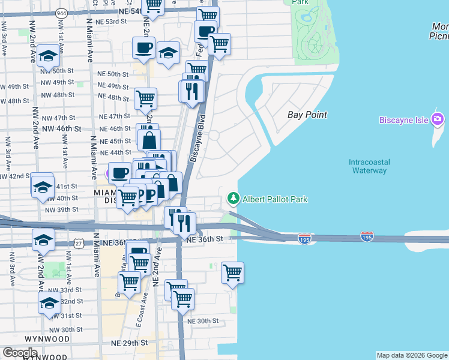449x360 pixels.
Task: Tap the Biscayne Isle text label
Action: [x=403, y=120]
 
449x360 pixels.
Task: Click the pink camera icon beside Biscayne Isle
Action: [x=438, y=119]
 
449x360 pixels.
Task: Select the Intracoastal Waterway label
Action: [x=369, y=166]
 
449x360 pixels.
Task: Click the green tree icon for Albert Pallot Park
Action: [x=232, y=198]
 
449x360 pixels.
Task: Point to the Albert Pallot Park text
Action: [x=275, y=199]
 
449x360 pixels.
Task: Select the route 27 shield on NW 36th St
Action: [x=79, y=242]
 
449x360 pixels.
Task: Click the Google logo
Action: [x=20, y=353]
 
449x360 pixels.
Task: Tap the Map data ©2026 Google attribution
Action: [x=412, y=355]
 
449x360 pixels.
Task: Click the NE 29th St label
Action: [x=129, y=343]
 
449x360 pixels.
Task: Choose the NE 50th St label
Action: [x=113, y=74]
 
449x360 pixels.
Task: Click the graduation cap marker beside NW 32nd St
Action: [x=49, y=302]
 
